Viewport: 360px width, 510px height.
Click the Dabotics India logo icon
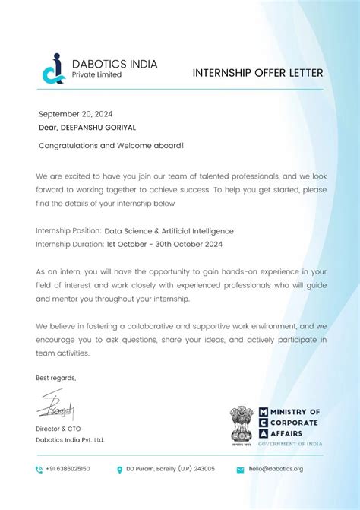tap(52, 68)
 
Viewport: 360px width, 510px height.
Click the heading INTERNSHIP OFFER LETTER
tap(258, 73)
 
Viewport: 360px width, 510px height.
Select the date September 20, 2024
tap(69, 114)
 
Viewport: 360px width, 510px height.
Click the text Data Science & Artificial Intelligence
tap(169, 231)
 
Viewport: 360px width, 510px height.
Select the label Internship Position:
tap(68, 231)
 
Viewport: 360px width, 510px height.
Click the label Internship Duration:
tap(70, 244)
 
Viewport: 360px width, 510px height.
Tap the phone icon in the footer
tap(39, 469)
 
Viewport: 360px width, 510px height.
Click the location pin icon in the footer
tap(119, 469)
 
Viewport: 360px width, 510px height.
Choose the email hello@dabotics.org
tap(276, 469)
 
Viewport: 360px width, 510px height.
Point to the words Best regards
tap(56, 378)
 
